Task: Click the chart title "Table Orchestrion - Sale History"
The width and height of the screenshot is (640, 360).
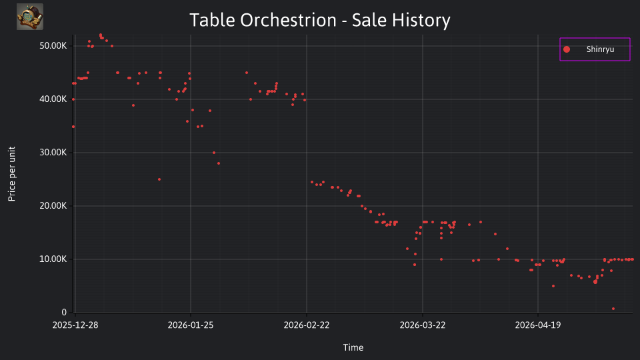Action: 320,20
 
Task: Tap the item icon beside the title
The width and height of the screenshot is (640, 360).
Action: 30,17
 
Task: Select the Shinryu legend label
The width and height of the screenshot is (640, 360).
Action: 600,49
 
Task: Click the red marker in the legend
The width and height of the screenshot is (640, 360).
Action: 567,49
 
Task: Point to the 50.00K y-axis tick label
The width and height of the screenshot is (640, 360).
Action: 53,46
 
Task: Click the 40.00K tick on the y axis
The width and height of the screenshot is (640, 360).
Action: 53,99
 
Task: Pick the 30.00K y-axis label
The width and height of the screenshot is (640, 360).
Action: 53,153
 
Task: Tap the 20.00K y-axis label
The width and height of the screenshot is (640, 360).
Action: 53,206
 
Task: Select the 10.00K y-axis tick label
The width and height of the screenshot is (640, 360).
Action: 53,259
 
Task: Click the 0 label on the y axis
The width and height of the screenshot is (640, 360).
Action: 64,313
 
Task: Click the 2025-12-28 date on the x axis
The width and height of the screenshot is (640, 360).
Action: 75,325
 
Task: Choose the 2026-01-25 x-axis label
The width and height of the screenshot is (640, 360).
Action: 191,325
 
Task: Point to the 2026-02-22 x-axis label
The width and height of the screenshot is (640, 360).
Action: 307,325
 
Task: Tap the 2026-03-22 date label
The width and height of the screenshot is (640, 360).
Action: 423,325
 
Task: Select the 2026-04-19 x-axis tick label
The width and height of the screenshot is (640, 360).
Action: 538,325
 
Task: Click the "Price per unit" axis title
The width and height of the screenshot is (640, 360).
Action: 12,174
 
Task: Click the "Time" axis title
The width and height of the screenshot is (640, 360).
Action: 353,347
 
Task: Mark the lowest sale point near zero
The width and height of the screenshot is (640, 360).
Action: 613,309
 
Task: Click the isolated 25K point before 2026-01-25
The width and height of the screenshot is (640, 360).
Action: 159,179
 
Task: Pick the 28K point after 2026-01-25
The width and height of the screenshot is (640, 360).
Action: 219,163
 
